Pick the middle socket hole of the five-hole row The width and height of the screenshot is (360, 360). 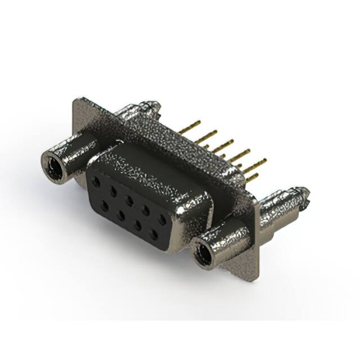pyautogui.click(x=130, y=200)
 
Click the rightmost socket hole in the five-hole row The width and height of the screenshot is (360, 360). pyautogui.click(x=163, y=220)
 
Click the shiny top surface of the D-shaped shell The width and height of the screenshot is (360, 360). pyautogui.click(x=152, y=169)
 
